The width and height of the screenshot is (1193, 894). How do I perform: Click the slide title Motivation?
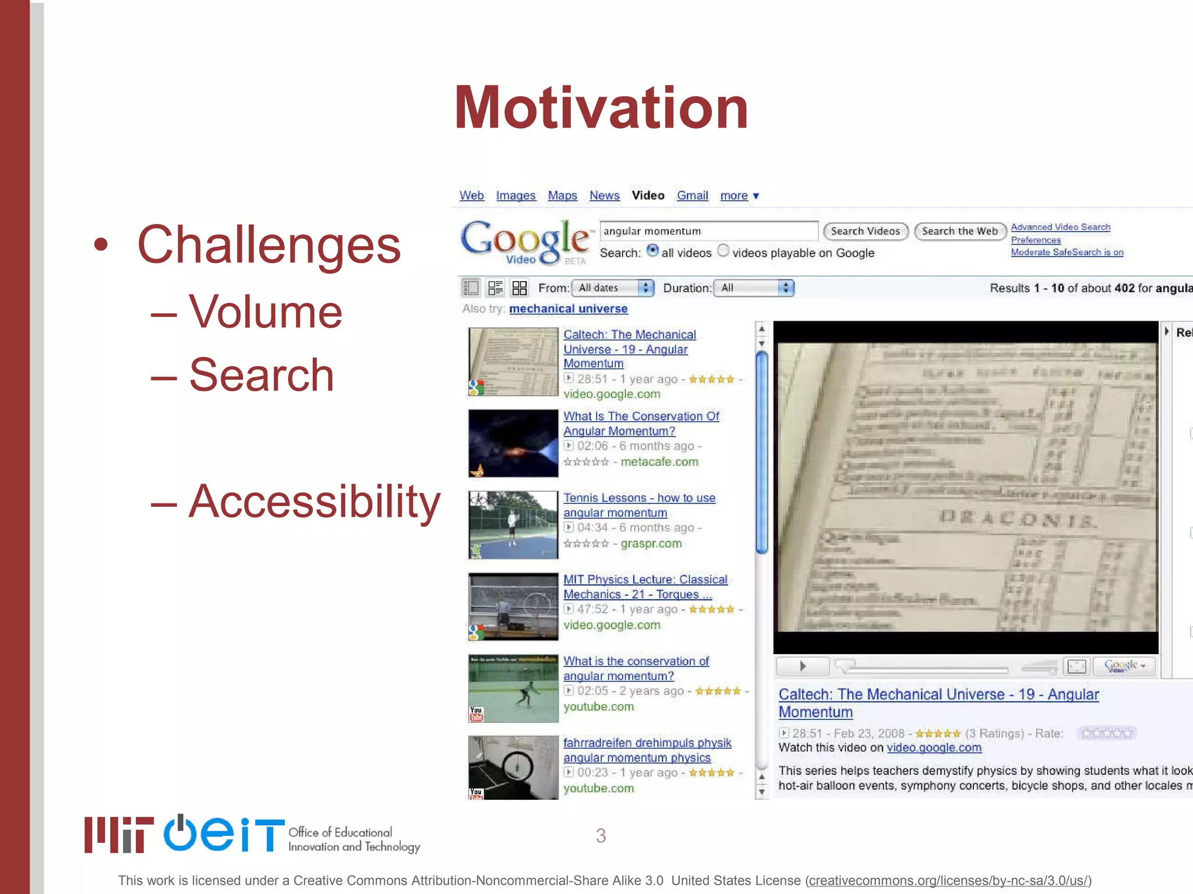coord(601,108)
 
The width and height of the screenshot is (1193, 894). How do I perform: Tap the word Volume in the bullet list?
coord(265,313)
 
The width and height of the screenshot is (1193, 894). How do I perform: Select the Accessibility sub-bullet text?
coord(315,502)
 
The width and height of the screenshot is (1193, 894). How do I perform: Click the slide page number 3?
coord(601,836)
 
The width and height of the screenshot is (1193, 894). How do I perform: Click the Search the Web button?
coord(960,231)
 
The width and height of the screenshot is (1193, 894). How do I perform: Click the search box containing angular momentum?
coord(708,231)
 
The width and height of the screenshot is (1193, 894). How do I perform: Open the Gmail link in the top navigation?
coord(692,196)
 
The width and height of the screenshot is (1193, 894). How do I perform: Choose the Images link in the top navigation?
coord(516,196)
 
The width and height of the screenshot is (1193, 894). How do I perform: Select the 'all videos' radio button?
coord(653,251)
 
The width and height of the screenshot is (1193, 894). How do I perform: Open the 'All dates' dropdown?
coord(613,288)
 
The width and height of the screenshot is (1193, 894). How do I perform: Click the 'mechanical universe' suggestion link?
coord(568,309)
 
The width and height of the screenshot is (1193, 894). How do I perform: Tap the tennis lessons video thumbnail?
coord(513,524)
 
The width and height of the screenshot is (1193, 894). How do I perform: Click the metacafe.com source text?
coord(659,462)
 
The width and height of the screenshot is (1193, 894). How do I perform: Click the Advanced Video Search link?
coord(1060,227)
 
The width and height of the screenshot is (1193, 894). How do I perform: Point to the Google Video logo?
coord(525,240)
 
